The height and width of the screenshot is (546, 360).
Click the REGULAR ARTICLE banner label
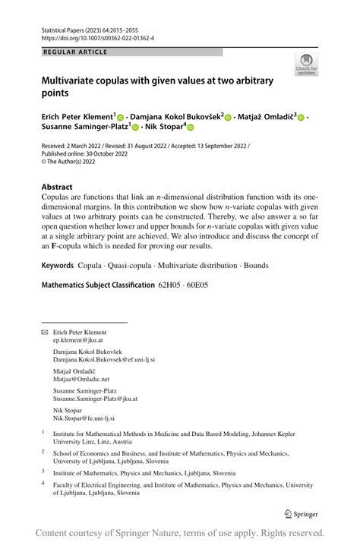[77, 52]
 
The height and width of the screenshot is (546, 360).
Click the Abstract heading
[57, 187]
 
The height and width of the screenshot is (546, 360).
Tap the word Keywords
[58, 266]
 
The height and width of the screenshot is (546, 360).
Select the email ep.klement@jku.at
[77, 341]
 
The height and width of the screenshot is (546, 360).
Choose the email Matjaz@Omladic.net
[81, 378]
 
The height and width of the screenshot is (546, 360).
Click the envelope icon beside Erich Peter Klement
[43, 333]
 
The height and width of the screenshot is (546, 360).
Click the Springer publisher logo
[300, 513]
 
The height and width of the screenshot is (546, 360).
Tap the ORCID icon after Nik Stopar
[191, 128]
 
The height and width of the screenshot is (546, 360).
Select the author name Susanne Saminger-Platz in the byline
[84, 128]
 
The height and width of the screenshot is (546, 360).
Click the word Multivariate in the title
[74, 80]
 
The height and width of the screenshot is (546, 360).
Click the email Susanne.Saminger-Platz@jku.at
[95, 398]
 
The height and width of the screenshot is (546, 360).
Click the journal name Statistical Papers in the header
[64, 27]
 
